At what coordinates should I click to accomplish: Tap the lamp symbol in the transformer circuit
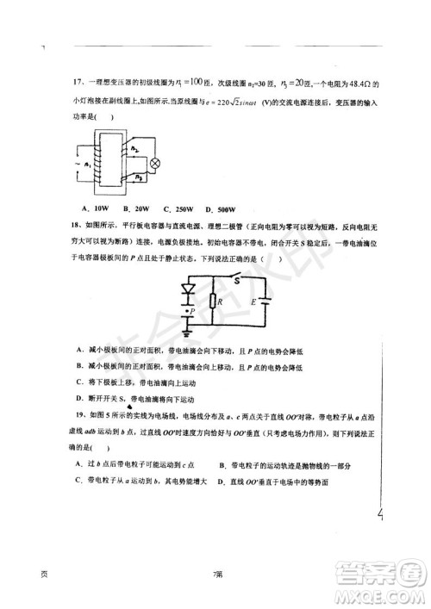(156, 162)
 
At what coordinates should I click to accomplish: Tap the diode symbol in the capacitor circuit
(187, 289)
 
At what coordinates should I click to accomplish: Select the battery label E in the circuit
(253, 302)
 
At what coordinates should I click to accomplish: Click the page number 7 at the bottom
(217, 575)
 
